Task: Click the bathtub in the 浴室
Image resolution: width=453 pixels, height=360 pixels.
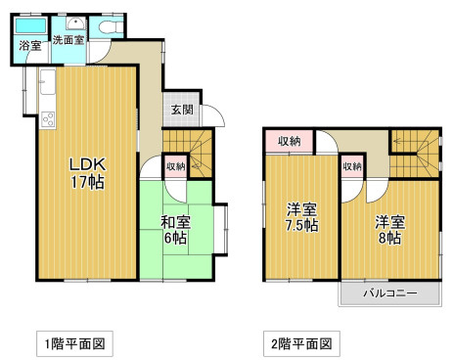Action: coord(30,25)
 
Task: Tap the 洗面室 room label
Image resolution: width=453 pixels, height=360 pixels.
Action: coord(68,40)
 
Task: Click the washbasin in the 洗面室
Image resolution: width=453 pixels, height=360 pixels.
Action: coord(75,23)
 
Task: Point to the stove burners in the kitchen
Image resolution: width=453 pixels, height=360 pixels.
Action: coord(48,119)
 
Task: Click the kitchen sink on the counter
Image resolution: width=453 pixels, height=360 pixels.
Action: coord(48,82)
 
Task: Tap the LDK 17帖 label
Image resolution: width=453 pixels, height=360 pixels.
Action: coord(88,173)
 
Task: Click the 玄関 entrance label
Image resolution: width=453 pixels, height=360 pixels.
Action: coord(182,110)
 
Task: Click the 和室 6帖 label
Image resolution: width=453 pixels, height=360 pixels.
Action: coord(175,230)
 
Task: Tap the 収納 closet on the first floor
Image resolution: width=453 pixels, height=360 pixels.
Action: coord(176,166)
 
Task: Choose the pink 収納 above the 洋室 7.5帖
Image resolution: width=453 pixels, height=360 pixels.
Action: coord(290,141)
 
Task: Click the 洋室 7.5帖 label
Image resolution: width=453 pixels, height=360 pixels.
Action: coord(302,217)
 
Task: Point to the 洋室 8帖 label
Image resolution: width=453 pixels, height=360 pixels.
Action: coord(389,230)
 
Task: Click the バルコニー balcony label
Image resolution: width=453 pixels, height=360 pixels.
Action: coord(390,293)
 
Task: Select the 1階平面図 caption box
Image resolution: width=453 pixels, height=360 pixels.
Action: coord(74,343)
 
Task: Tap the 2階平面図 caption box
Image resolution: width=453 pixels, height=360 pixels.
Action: coord(301,343)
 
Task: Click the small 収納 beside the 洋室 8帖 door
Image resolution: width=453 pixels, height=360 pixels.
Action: coord(352,166)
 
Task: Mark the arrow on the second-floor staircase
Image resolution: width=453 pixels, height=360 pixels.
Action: coord(399,141)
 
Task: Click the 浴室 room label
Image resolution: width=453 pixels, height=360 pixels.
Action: coord(30,46)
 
